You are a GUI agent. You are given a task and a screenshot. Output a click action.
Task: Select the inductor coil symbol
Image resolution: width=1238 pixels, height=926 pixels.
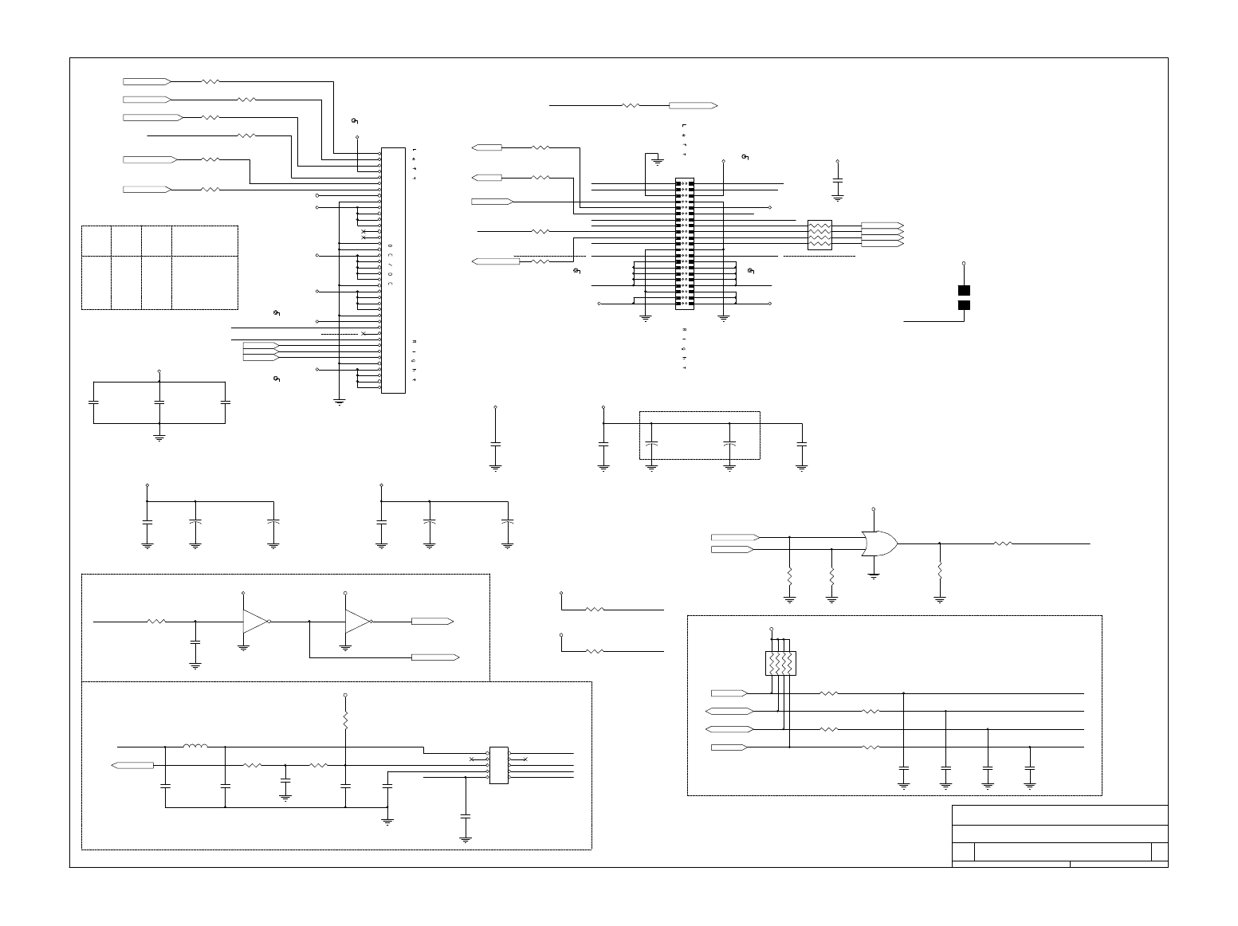tap(195, 747)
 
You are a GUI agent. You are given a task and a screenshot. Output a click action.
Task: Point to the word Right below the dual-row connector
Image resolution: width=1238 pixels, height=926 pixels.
tap(684, 349)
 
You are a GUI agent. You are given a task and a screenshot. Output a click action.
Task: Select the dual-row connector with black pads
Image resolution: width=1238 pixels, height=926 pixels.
tap(685, 243)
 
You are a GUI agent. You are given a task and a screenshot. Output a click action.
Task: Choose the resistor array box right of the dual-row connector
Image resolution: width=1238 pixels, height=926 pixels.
tap(819, 234)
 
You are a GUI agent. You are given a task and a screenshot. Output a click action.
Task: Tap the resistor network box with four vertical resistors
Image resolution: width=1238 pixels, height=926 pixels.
tap(780, 663)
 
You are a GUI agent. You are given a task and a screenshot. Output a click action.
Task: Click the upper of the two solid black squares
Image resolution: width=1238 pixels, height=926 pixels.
tap(964, 290)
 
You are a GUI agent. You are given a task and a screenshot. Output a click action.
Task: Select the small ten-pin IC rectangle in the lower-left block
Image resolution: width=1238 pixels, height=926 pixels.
tap(498, 765)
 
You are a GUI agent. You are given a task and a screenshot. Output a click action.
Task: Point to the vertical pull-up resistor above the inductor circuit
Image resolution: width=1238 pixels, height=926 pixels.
tap(345, 721)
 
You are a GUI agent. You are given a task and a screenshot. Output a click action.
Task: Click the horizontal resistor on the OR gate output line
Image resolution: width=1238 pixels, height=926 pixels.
tap(1003, 543)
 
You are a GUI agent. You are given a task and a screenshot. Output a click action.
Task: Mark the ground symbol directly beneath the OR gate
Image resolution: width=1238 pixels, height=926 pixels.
tap(874, 575)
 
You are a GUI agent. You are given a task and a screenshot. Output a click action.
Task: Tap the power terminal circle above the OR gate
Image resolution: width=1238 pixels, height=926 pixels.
tap(874, 508)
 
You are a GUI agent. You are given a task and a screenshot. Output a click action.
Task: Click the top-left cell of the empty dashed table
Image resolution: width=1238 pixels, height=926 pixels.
tap(96, 241)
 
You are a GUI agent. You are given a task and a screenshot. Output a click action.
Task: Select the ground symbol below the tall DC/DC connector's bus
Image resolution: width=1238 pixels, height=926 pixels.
tap(340, 402)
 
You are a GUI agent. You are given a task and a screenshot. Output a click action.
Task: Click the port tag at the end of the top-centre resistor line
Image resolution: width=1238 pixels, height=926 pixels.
tap(693, 105)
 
